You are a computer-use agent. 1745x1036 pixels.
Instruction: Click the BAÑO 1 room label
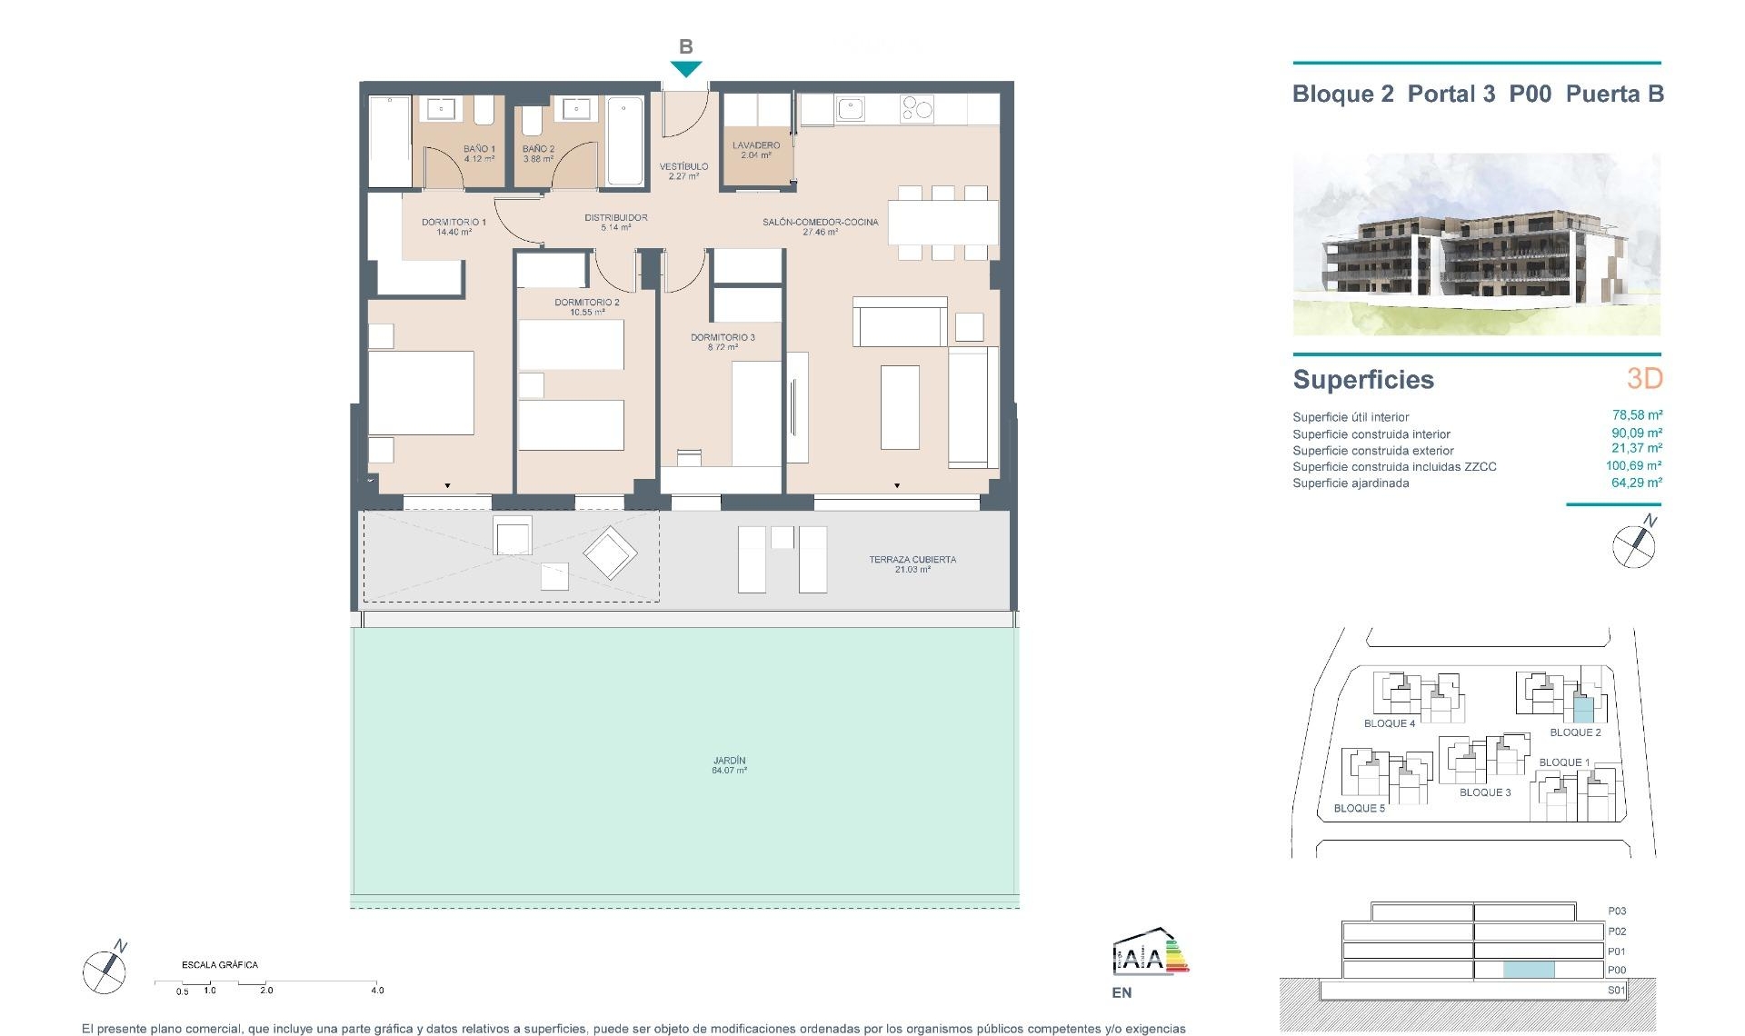coord(479,153)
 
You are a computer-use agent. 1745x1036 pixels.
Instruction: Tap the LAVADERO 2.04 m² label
coord(756,150)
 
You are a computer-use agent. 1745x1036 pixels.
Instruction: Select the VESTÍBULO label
coord(683,171)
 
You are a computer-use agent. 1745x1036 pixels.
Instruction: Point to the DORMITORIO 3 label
coord(723,342)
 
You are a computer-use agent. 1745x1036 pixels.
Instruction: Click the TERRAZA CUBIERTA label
coord(912,564)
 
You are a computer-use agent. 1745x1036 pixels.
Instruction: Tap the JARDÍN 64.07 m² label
coord(729,765)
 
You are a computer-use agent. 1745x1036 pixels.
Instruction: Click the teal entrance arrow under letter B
coord(686,69)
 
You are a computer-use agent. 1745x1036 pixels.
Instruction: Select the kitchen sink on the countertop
coord(851,109)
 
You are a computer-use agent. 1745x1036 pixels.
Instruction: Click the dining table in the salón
coord(942,222)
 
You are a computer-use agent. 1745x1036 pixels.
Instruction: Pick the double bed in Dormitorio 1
coord(420,393)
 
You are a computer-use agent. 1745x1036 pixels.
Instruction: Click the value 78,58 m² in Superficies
coord(1636,415)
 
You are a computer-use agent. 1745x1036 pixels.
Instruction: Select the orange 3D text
coord(1644,378)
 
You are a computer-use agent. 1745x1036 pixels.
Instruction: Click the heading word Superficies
coord(1362,380)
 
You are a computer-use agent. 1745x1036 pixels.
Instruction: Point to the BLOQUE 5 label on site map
coord(1359,808)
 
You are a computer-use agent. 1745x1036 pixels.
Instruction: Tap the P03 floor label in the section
coord(1616,911)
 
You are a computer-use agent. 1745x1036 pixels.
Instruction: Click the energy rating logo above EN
coord(1150,953)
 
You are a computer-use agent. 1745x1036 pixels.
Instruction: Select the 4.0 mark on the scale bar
coord(377,991)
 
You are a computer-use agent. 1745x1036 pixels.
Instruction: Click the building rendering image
coord(1476,244)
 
